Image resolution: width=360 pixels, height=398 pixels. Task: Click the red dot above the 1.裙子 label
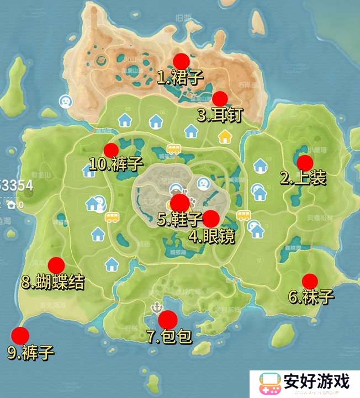(181, 61)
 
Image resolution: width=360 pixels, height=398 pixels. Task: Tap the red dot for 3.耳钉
(220, 99)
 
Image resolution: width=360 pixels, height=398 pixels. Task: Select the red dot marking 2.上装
(305, 162)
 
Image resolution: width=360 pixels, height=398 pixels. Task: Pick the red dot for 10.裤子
(112, 150)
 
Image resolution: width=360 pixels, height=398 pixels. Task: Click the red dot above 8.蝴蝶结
(56, 266)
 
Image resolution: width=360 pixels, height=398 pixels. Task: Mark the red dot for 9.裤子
(20, 335)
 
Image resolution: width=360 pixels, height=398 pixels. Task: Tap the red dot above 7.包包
(167, 320)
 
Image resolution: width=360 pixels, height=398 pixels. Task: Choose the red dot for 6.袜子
(310, 281)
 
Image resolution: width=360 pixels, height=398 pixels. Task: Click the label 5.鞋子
(179, 219)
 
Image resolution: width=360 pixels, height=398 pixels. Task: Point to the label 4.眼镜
(212, 236)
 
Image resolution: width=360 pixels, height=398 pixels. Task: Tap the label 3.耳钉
(219, 115)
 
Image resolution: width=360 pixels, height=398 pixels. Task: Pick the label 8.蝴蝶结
(53, 283)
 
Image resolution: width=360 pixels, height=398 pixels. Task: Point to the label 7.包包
(169, 336)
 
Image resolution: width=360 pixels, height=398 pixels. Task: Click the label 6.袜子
(311, 297)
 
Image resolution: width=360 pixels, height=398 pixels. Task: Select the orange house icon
(225, 135)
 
